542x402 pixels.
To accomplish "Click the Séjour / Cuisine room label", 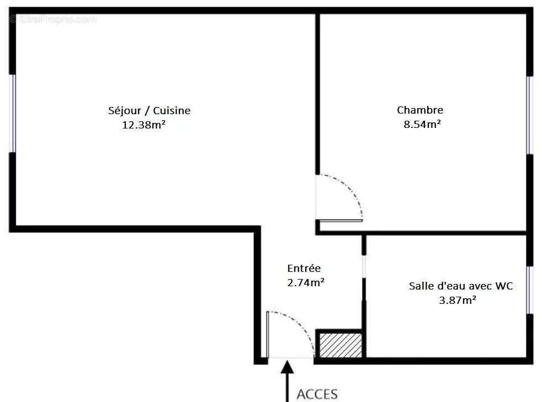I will (x=149, y=110).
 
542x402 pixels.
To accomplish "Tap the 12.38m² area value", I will (x=144, y=125).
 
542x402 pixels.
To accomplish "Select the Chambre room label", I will (x=420, y=110).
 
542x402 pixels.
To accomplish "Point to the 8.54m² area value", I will (x=422, y=124).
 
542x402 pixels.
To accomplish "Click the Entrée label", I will (x=304, y=269).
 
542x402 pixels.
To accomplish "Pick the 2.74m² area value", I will (x=305, y=282).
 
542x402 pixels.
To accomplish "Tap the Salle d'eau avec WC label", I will (x=461, y=286).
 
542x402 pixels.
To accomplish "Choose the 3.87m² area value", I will (x=458, y=300).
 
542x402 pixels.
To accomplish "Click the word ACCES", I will (x=317, y=394).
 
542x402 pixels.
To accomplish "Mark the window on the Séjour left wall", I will (x=13, y=113).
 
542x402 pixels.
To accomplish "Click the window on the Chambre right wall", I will (x=529, y=115).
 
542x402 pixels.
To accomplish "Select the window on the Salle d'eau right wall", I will (x=529, y=290).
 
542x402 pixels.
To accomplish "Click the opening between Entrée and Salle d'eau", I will (x=363, y=266).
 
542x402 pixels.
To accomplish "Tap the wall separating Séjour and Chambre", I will (x=317, y=94).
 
